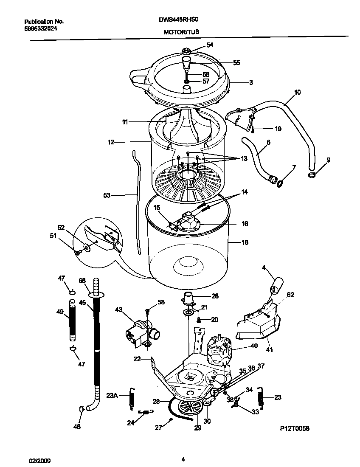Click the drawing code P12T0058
(294, 429)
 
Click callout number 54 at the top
(210, 45)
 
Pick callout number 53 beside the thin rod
(107, 195)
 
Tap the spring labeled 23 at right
(261, 399)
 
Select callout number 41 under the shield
(269, 350)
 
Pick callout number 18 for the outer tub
(245, 243)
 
